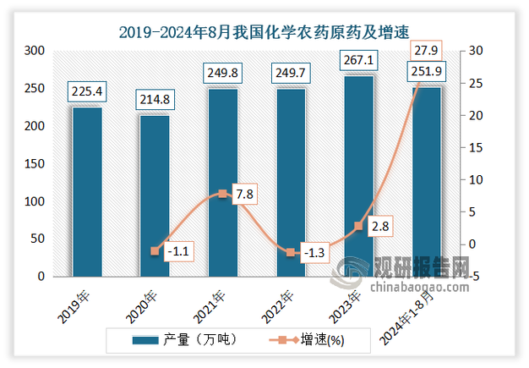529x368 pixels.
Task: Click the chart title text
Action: [264, 32]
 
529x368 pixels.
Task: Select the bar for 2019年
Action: [87, 192]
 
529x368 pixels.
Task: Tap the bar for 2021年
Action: [223, 183]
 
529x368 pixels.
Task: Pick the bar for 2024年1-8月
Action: [427, 183]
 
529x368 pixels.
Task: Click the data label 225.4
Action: [87, 91]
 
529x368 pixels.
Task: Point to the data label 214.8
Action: [155, 100]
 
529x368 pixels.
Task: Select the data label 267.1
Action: [358, 60]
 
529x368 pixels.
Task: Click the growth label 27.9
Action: [426, 51]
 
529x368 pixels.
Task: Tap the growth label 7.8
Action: [244, 194]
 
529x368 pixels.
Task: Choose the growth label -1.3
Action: [314, 253]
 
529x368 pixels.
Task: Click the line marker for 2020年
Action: [155, 251]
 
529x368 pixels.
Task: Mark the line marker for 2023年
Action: [358, 226]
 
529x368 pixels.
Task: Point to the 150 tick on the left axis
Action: [35, 164]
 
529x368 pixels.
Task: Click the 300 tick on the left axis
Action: [35, 51]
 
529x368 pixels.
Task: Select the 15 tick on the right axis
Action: [476, 147]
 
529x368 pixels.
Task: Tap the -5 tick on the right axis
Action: [474, 277]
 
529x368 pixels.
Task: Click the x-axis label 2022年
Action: [277, 307]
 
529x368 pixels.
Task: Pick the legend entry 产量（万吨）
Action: [184, 340]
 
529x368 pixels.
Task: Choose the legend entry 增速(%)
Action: [307, 340]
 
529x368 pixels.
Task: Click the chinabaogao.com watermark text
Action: [420, 288]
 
